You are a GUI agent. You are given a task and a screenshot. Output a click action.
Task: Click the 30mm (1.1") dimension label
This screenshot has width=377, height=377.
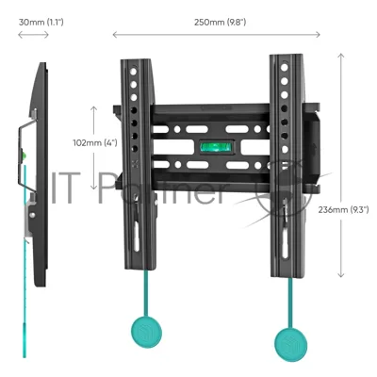[41, 23]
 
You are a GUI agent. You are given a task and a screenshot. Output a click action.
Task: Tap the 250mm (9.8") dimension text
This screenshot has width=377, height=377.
[220, 23]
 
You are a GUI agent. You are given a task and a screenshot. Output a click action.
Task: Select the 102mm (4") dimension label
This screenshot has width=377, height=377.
[95, 142]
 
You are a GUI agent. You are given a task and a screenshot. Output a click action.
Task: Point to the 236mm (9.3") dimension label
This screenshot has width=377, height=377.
[343, 209]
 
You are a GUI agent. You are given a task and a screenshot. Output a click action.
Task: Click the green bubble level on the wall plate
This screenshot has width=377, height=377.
[216, 147]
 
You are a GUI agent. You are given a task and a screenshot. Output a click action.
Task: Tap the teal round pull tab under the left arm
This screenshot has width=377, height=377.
[146, 332]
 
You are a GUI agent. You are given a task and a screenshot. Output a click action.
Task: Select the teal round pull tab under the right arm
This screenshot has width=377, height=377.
[291, 345]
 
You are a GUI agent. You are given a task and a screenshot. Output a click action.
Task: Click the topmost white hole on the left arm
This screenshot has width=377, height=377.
[133, 72]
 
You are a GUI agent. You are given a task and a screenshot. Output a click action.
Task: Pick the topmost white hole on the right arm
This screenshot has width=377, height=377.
[285, 68]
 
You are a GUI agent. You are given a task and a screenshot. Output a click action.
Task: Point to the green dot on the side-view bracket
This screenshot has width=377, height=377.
[24, 155]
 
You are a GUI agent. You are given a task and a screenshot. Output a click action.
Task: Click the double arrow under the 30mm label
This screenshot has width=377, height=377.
[33, 35]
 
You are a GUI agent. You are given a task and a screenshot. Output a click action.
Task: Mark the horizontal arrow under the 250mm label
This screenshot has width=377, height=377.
[216, 35]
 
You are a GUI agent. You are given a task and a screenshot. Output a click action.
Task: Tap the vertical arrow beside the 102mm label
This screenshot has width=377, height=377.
[93, 148]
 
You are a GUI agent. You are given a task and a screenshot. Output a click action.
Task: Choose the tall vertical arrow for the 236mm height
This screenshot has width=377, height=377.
[341, 165]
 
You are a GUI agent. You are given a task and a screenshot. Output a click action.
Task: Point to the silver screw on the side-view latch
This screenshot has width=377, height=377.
[32, 215]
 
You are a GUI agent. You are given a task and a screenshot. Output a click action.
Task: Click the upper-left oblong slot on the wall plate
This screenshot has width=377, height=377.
[161, 129]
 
